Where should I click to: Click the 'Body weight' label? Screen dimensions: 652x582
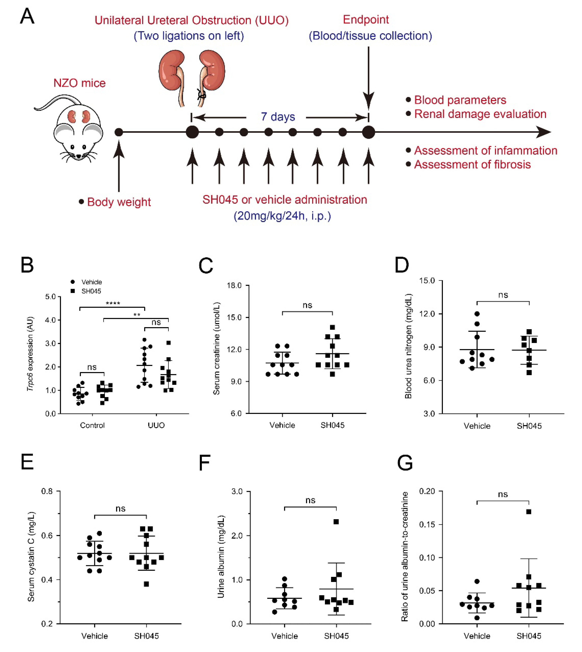coord(119,202)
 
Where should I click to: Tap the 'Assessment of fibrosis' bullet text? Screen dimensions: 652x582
coord(472,165)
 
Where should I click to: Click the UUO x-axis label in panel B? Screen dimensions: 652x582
coord(156,425)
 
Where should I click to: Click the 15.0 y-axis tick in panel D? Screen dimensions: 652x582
coord(427,281)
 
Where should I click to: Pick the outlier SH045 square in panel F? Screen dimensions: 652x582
coord(336,522)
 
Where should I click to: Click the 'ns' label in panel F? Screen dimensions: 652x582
coord(310,500)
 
